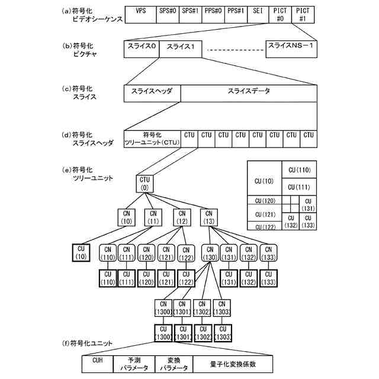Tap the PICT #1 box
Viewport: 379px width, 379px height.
coord(302,15)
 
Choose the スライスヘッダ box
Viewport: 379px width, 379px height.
coord(152,93)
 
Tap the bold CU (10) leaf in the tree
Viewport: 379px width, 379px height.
coord(81,252)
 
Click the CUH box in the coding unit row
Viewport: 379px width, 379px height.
coord(98,363)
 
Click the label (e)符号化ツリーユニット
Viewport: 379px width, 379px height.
coord(89,174)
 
